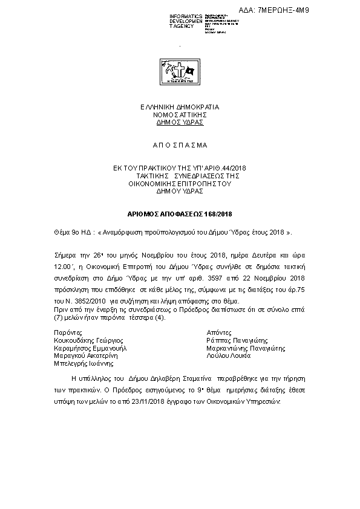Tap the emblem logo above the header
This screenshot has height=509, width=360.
pos(180,73)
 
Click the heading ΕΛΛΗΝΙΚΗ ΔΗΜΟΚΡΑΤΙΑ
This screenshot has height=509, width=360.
pos(180,107)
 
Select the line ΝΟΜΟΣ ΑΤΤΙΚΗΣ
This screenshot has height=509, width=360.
pos(180,114)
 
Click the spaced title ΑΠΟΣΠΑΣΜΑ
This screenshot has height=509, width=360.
pos(180,146)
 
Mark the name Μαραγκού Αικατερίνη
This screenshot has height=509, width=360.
pos(85,356)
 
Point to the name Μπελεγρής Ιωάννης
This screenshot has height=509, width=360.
pos(83,364)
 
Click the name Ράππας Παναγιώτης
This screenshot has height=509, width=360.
pos(237,340)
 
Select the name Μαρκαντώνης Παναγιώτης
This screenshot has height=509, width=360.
pos(246,348)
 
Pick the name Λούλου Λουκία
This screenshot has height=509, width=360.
pos(228,356)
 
